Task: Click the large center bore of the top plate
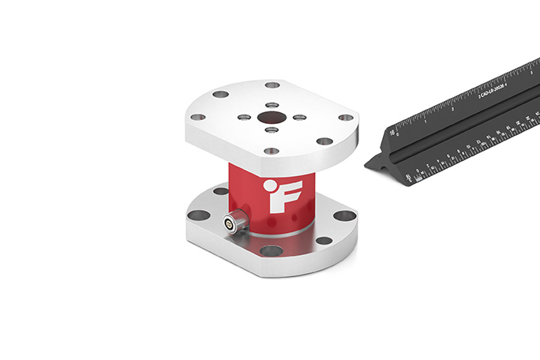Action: (269, 117)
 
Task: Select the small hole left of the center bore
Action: (244, 117)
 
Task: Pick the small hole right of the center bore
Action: (298, 118)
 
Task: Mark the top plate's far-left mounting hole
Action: (197, 118)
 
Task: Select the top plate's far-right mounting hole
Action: (346, 118)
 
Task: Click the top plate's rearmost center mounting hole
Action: (272, 85)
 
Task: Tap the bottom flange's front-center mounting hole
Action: (271, 251)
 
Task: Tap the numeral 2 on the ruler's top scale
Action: (452, 109)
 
